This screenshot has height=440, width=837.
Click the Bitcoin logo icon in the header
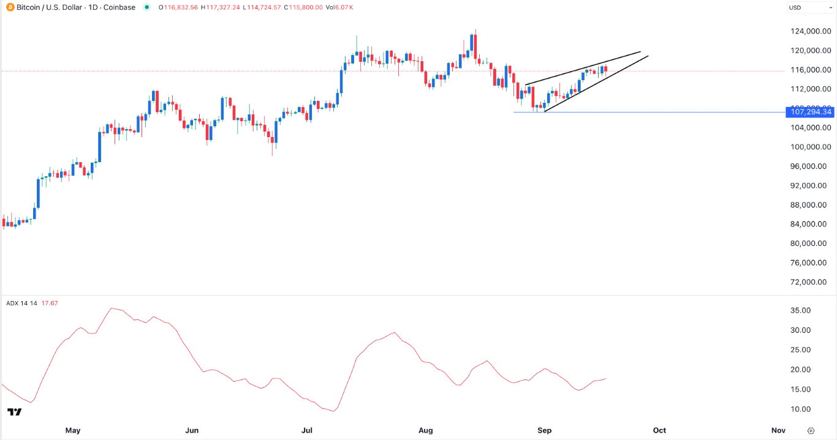[10, 7]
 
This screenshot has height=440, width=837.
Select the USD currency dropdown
[809, 8]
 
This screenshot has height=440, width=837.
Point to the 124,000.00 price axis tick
[810, 31]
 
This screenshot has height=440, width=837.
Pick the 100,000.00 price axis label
[810, 147]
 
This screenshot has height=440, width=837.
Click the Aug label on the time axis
[426, 430]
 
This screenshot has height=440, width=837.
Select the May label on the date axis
[73, 430]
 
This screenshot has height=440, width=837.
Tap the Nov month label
[778, 430]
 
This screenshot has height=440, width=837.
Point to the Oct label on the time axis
[659, 430]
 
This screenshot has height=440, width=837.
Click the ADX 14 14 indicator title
[22, 303]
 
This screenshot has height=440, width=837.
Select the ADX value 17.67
[49, 303]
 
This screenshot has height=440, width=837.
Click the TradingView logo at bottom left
[14, 412]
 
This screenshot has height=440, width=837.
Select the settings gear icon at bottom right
[811, 430]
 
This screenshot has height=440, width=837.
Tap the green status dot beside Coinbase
[146, 7]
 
